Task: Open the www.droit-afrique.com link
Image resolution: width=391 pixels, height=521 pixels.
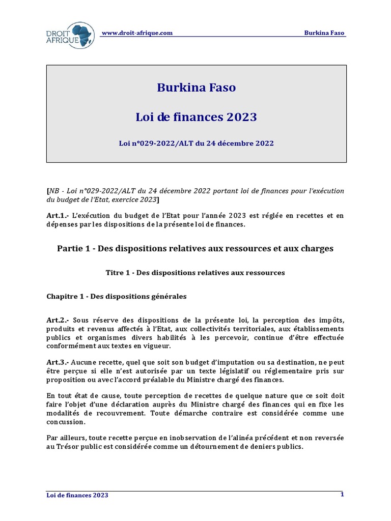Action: tap(137, 33)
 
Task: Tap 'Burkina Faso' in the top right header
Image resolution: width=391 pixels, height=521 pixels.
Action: tap(324, 33)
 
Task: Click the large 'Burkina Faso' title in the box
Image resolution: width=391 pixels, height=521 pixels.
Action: tap(196, 88)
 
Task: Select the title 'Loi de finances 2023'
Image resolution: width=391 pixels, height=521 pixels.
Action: tap(196, 117)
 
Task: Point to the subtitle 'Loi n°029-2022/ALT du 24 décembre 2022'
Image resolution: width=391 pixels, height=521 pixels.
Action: tap(196, 143)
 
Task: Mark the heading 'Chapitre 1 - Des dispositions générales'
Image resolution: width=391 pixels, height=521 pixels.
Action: tap(117, 296)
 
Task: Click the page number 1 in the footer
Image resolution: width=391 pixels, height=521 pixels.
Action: tap(342, 494)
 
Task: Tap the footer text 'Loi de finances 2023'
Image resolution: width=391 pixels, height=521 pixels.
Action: tap(77, 495)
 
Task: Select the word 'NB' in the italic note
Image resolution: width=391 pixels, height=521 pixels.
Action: tap(53, 191)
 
